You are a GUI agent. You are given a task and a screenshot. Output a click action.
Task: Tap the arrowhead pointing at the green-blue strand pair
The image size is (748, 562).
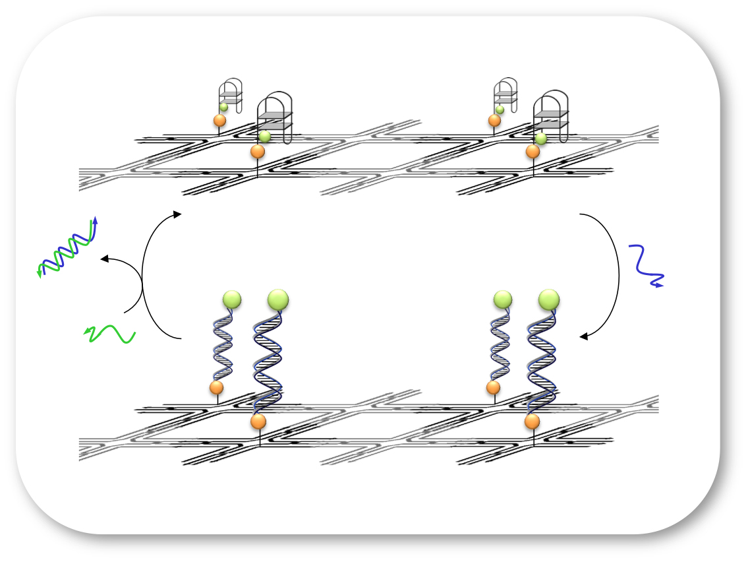[x=102, y=259]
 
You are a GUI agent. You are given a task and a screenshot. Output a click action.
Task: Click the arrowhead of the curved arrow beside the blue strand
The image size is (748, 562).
[x=583, y=336]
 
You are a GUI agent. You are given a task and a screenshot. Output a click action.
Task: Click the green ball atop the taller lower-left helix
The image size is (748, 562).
[x=278, y=299]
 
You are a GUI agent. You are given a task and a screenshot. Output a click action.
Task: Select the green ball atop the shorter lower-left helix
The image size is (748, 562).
[x=231, y=300]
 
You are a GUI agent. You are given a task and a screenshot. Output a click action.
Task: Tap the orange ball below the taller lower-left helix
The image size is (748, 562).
[x=258, y=421]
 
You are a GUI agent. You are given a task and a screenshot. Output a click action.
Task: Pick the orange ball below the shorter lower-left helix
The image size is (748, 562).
[x=216, y=387]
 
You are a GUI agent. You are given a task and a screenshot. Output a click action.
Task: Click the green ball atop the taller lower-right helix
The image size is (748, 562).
[x=549, y=300]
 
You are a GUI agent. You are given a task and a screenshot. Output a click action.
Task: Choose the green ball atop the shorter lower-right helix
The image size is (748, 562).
[x=503, y=300]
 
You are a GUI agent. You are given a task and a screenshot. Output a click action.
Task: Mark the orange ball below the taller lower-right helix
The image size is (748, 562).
[x=532, y=421]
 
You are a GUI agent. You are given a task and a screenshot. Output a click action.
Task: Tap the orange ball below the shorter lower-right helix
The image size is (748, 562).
[x=493, y=387]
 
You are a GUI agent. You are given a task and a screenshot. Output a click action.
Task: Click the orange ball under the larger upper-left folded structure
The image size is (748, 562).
[x=258, y=151]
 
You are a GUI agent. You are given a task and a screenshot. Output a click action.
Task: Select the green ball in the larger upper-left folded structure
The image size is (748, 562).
[x=265, y=137]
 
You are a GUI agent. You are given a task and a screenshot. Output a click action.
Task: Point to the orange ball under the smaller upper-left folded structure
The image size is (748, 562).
[x=219, y=121]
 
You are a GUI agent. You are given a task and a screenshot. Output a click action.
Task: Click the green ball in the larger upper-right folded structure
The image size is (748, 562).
[x=540, y=139]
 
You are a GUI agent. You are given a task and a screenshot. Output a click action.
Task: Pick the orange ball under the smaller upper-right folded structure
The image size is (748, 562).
[x=494, y=120]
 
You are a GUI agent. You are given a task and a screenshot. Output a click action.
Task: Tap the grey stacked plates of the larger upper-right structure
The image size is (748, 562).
[x=551, y=119]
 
